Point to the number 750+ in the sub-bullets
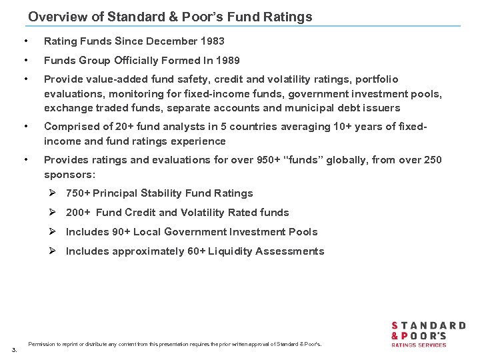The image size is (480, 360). pos(78,193)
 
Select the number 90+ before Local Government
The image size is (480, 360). pos(141,232)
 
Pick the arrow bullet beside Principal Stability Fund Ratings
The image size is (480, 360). pos(55,193)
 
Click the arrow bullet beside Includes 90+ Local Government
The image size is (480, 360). pos(55,232)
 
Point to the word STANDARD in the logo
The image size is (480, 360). pos(428,326)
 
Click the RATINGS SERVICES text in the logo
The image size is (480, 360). pos(418,345)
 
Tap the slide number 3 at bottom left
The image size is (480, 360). pos(14,349)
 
